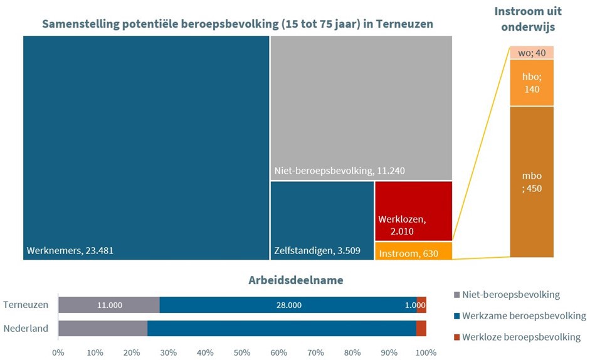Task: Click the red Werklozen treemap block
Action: click(x=413, y=211)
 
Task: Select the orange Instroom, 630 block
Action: click(x=413, y=251)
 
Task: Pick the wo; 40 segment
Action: click(x=532, y=52)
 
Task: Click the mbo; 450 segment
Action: click(x=532, y=181)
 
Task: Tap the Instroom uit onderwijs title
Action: click(x=528, y=19)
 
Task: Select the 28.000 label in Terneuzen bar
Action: click(x=288, y=305)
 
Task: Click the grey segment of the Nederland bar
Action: click(x=102, y=328)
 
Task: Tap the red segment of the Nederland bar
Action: click(x=421, y=328)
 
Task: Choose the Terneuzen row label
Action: click(x=26, y=305)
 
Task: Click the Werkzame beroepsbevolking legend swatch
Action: click(x=456, y=315)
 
